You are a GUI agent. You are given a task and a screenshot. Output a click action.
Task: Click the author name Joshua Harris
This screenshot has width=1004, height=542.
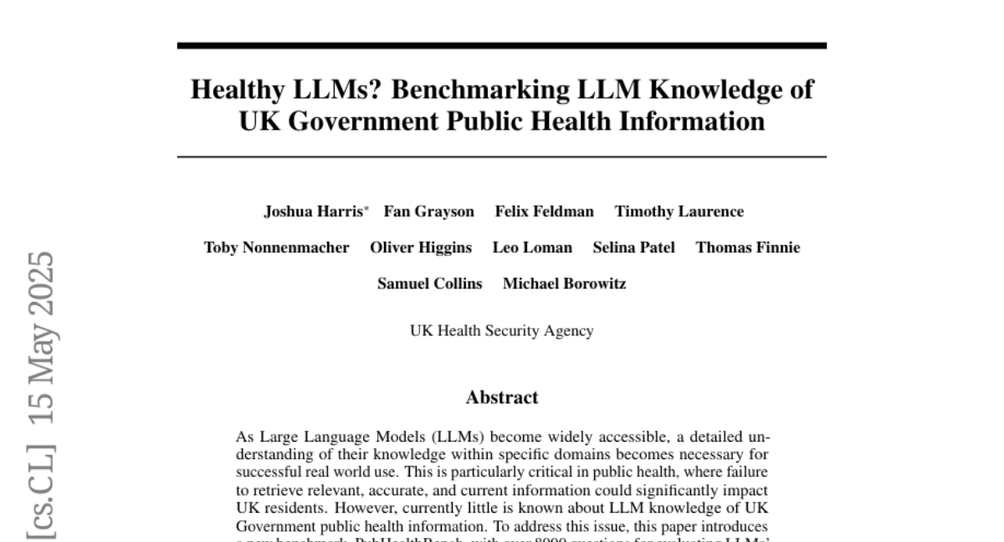click(313, 212)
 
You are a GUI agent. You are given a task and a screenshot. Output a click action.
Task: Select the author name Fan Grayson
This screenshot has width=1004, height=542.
click(428, 212)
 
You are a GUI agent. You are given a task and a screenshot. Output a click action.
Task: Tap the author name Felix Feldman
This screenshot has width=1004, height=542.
click(544, 212)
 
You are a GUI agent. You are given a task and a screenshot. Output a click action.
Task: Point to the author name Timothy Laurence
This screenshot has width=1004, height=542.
click(679, 212)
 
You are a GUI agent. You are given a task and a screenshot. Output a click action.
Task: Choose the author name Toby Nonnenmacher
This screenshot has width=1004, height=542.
click(277, 248)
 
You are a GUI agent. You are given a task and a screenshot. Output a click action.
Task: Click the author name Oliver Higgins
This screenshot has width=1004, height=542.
click(421, 248)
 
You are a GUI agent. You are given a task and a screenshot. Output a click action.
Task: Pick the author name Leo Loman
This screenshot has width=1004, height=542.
click(532, 248)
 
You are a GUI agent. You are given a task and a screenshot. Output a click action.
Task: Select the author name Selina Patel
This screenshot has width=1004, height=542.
click(633, 248)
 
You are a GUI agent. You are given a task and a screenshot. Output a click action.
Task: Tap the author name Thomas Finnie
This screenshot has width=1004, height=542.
click(747, 248)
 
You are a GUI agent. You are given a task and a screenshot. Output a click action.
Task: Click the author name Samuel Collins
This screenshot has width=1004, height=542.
click(429, 284)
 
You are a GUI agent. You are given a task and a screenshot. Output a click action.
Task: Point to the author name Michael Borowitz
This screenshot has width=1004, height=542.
click(564, 284)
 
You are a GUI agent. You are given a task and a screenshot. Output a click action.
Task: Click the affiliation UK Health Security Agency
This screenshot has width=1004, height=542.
click(501, 330)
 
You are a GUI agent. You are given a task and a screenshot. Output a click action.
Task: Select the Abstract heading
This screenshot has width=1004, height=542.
click(501, 397)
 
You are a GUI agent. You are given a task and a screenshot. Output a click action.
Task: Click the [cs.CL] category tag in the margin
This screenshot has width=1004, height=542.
click(40, 492)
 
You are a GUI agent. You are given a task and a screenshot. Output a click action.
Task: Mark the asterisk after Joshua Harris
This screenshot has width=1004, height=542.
click(366, 208)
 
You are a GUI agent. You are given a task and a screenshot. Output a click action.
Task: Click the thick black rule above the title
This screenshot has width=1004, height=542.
click(501, 45)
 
